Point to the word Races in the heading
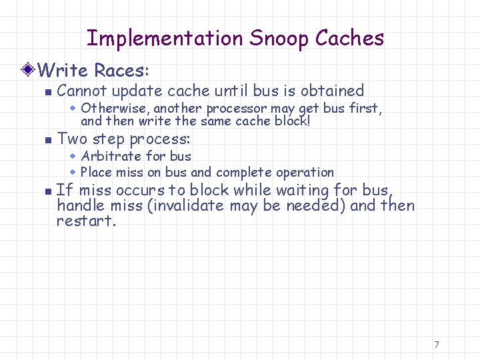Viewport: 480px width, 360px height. pyautogui.click(x=123, y=69)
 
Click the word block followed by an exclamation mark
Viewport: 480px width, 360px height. pyautogui.click(x=291, y=121)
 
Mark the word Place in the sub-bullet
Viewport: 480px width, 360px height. pyautogui.click(x=96, y=172)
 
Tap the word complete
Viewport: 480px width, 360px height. pyautogui.click(x=242, y=172)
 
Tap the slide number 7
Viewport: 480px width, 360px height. pyautogui.click(x=436, y=345)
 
